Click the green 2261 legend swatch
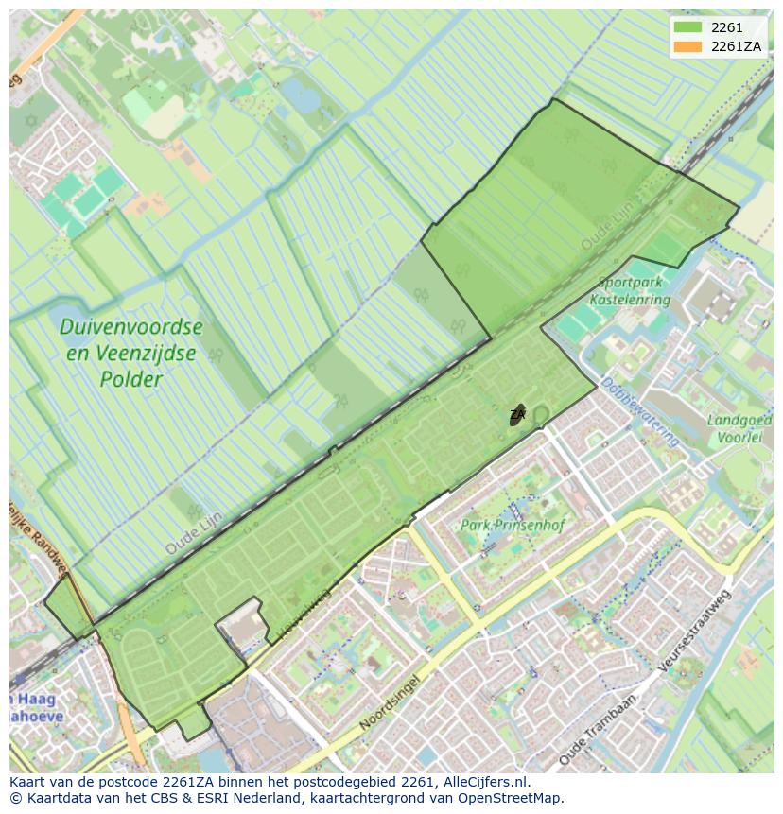point(687,27)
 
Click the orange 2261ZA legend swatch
point(687,46)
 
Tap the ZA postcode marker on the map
point(517,415)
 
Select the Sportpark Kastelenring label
point(630,291)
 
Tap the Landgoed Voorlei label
point(739,428)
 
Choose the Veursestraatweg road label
point(696,631)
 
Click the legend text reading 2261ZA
point(737,46)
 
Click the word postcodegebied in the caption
point(335,782)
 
